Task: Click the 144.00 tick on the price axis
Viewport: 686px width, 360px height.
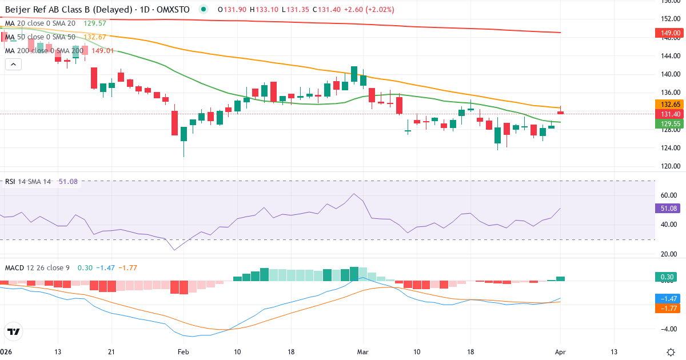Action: point(668,56)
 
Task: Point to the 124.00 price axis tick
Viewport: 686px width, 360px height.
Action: point(668,149)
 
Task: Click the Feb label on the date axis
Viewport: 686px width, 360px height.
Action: point(183,352)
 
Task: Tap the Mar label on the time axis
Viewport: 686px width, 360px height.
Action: point(363,352)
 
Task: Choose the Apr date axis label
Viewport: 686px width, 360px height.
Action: point(560,352)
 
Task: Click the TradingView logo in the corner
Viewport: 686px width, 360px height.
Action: point(14,331)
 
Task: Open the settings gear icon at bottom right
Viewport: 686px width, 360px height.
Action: point(672,352)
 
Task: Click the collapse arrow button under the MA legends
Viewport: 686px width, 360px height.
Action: point(13,65)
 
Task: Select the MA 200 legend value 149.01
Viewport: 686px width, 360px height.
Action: point(99,50)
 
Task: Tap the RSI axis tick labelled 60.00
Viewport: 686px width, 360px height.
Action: point(668,195)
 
